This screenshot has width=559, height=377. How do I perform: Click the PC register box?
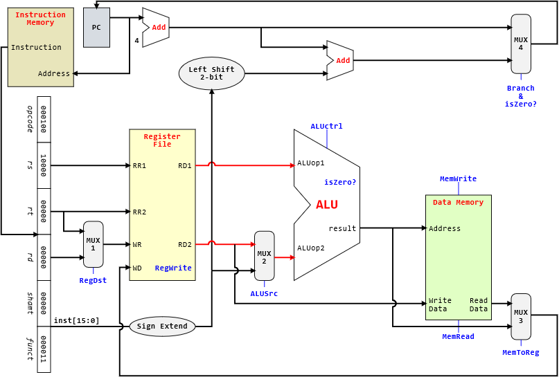[96, 28]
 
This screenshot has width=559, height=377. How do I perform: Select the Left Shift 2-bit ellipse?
[211, 73]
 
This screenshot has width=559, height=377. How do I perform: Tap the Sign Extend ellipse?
[162, 327]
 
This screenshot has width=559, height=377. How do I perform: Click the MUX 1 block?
[93, 244]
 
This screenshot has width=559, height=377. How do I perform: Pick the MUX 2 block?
[264, 256]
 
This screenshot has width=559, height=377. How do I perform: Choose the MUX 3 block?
[521, 316]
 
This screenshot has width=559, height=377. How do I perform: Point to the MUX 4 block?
[521, 44]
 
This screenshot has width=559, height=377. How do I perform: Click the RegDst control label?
[93, 280]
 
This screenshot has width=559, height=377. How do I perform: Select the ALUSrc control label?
[264, 293]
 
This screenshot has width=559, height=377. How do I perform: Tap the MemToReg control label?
[520, 352]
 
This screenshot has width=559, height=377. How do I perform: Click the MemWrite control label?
[458, 178]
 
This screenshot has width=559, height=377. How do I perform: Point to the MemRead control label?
[458, 336]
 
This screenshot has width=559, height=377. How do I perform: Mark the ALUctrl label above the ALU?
[326, 127]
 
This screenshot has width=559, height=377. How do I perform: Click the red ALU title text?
[327, 205]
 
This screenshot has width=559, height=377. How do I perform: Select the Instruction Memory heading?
[40, 19]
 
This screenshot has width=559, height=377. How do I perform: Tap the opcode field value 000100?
[44, 119]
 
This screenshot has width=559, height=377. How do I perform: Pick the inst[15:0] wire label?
[76, 320]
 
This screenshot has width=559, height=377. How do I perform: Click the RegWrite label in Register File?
[173, 268]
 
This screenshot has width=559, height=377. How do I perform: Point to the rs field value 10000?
[44, 165]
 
